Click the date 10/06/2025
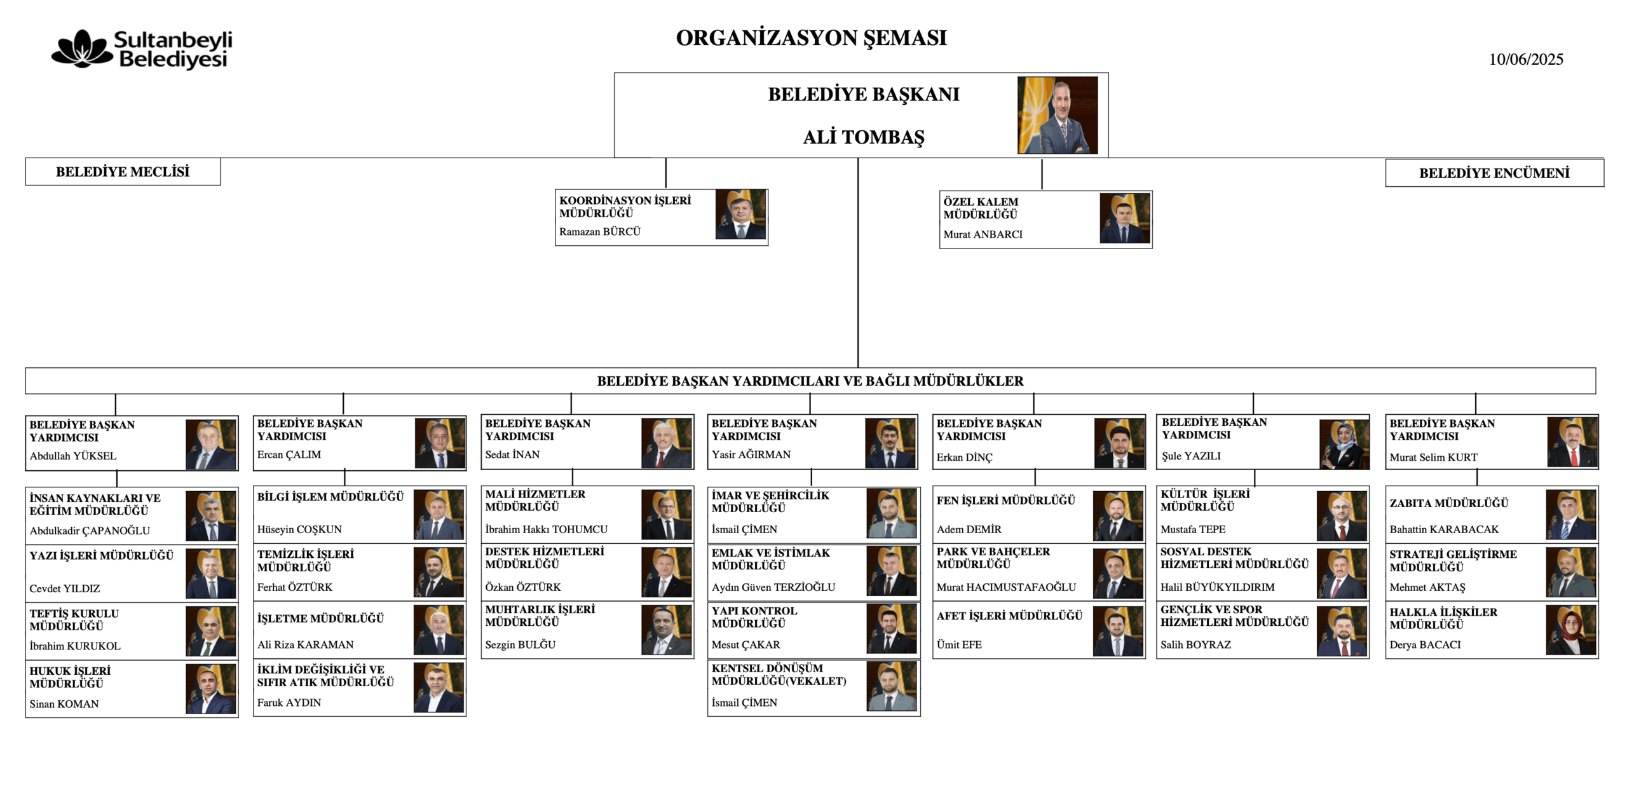(x=1526, y=59)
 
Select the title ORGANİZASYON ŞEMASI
(x=811, y=38)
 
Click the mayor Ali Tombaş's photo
(x=1058, y=115)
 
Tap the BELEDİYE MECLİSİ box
(x=123, y=172)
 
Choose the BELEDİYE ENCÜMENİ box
(x=1494, y=173)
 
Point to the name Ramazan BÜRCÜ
(x=600, y=232)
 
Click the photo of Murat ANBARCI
(x=1125, y=219)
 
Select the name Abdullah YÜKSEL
(x=73, y=456)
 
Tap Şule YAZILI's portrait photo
(x=1344, y=444)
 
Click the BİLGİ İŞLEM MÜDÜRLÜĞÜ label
(x=330, y=497)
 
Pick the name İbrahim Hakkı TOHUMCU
(x=547, y=529)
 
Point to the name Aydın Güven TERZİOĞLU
(x=773, y=587)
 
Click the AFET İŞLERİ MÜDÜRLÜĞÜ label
(x=1009, y=616)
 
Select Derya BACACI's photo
(x=1571, y=630)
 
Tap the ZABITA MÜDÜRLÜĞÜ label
(x=1448, y=503)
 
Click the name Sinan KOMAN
(x=64, y=704)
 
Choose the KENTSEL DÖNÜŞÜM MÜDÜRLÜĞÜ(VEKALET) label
(x=779, y=675)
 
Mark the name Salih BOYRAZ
(x=1195, y=644)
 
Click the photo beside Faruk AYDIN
(x=439, y=688)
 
